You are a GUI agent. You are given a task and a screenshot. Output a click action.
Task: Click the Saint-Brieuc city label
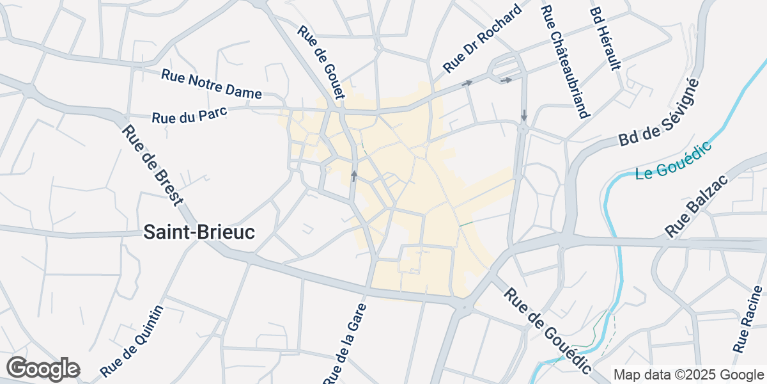pos(199,232)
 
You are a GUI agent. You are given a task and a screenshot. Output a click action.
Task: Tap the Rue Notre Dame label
pos(212,84)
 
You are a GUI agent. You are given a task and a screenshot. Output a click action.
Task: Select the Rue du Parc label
pos(190,115)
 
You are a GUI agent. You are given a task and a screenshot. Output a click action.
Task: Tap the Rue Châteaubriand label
pos(564,62)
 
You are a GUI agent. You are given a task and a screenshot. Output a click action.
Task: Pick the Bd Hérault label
pos(605,39)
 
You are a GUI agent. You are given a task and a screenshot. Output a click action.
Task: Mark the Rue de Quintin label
pos(132,340)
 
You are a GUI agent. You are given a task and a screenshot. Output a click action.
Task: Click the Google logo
pos(43,369)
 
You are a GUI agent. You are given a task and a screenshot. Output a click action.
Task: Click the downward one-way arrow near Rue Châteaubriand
pos(524,115)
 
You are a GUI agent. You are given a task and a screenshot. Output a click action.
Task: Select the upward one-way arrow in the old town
pos(353,175)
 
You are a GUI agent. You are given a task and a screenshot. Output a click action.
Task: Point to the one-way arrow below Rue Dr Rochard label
pos(467,83)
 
